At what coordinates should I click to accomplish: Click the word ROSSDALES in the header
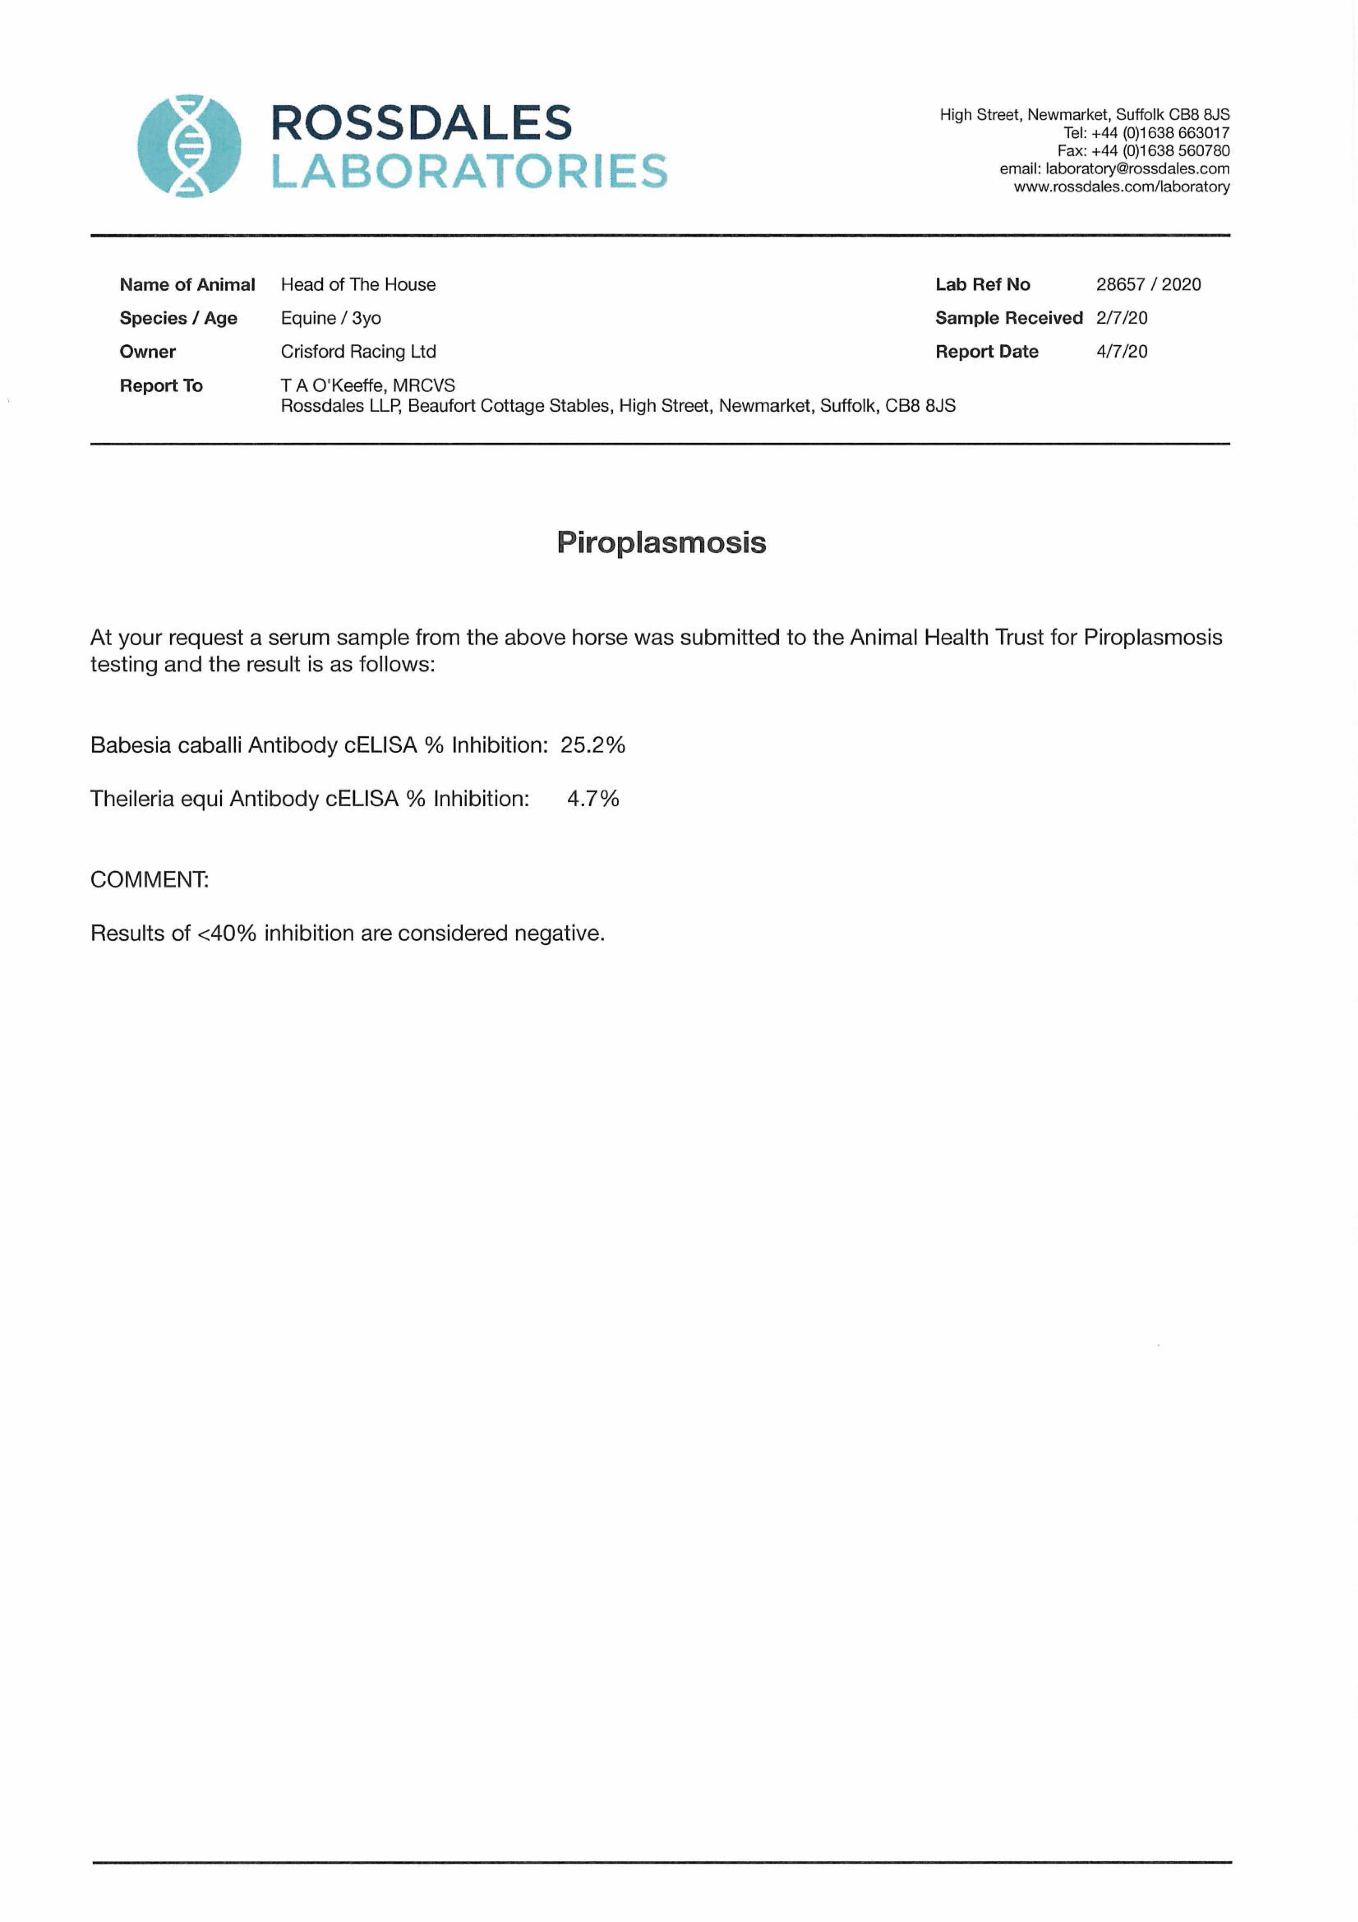(x=421, y=123)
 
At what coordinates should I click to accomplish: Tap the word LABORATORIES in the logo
(x=469, y=171)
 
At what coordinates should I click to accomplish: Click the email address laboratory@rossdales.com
(x=1137, y=168)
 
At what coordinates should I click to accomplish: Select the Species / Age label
(x=178, y=318)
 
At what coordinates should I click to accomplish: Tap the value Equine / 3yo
(x=331, y=318)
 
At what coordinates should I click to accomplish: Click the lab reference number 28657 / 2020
(x=1148, y=284)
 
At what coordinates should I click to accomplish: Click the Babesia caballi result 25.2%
(x=593, y=745)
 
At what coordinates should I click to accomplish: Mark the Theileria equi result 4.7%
(x=593, y=799)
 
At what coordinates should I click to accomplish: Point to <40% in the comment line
(x=227, y=933)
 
